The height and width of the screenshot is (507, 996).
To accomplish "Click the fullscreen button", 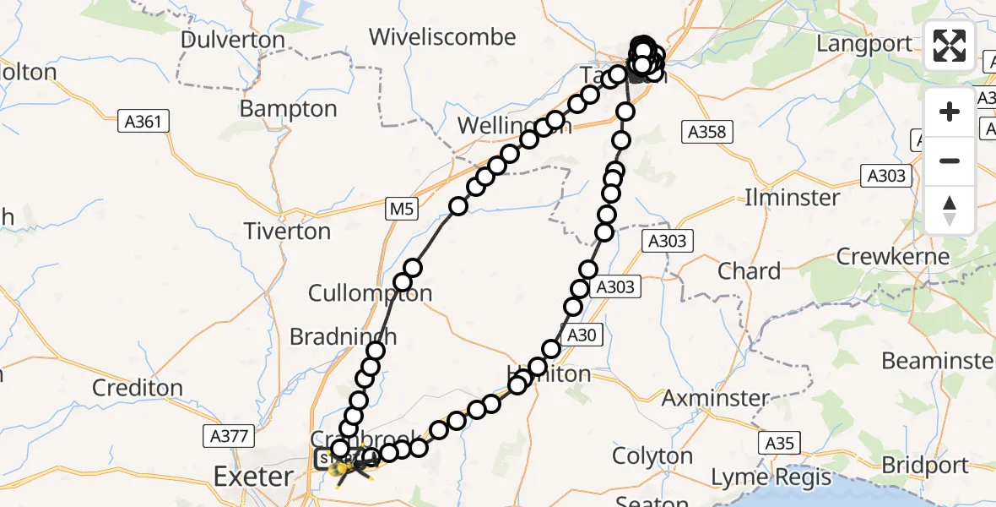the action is pyautogui.click(x=950, y=46).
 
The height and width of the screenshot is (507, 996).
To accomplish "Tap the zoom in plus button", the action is pyautogui.click(x=950, y=112).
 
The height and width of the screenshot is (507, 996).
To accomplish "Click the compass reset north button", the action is pyautogui.click(x=950, y=210).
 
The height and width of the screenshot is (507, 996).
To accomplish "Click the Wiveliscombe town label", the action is pyautogui.click(x=443, y=37).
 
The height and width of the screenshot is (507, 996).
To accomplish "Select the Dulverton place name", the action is pyautogui.click(x=233, y=40).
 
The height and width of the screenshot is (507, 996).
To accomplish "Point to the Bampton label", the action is pyautogui.click(x=288, y=108).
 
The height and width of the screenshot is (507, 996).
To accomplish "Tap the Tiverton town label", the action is pyautogui.click(x=287, y=231).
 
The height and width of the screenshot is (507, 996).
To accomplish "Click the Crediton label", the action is pyautogui.click(x=138, y=388).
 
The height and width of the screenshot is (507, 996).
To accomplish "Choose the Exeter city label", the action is pyautogui.click(x=252, y=477).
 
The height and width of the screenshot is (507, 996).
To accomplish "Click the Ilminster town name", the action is pyautogui.click(x=792, y=198).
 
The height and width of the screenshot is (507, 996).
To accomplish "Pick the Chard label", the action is pyautogui.click(x=749, y=271).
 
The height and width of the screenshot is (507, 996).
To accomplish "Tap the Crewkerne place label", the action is pyautogui.click(x=893, y=256).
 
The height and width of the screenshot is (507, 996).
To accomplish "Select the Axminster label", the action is pyautogui.click(x=716, y=397).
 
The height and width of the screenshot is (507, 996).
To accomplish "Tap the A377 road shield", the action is pyautogui.click(x=228, y=436).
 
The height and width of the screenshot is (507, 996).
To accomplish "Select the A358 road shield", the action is pyautogui.click(x=707, y=131).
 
